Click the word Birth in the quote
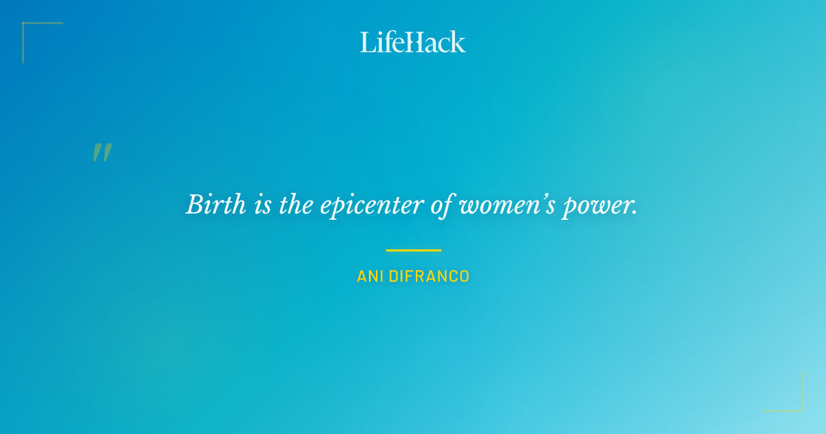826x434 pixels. coord(215,205)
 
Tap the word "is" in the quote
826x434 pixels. coord(262,205)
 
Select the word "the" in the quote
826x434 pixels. coord(297,205)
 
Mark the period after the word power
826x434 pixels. coord(634,213)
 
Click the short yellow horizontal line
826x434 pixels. coord(413,250)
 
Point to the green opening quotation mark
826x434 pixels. coord(102,153)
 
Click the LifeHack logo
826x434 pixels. coord(413,42)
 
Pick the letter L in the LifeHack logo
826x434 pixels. coord(367,42)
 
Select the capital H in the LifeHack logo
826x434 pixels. coord(413,42)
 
